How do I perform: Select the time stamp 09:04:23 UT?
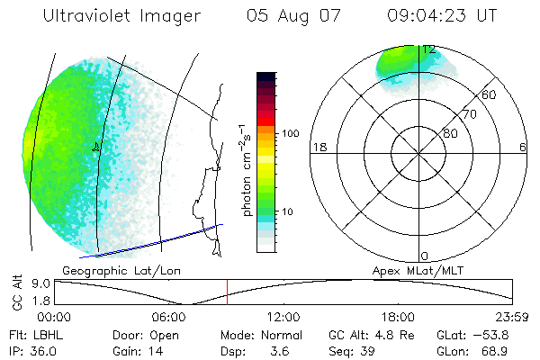[442, 15]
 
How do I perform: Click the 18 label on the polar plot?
[318, 147]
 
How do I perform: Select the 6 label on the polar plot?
[523, 147]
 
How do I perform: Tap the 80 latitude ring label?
[449, 133]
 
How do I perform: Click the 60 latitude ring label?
[489, 94]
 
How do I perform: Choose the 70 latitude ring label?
[469, 114]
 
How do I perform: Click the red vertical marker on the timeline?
[227, 292]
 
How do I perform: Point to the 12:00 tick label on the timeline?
[283, 317]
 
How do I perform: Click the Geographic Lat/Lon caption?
[108, 270]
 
